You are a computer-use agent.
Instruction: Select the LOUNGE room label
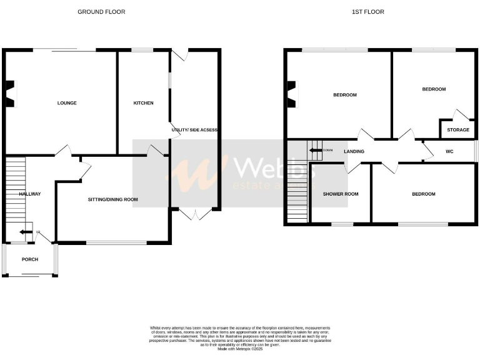click(x=67, y=103)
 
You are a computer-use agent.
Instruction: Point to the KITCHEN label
click(x=143, y=103)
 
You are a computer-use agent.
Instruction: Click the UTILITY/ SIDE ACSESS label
click(x=194, y=129)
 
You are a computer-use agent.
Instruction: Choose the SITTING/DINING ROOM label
click(x=112, y=199)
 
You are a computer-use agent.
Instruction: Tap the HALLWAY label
click(x=29, y=194)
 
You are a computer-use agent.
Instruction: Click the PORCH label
click(x=29, y=259)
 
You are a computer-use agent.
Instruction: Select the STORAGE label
click(x=458, y=130)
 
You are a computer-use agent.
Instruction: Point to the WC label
click(x=449, y=152)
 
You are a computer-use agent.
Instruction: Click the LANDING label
click(x=354, y=152)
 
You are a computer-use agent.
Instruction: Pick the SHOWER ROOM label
click(x=341, y=194)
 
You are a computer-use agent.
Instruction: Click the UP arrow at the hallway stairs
click(x=24, y=232)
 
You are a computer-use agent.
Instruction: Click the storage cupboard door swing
click(x=461, y=115)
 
